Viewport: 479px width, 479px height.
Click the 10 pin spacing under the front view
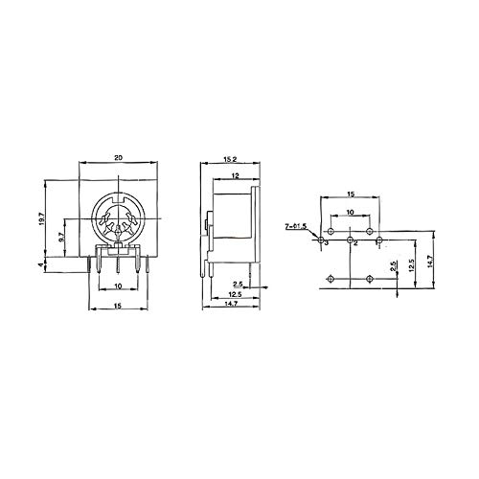pyautogui.click(x=116, y=286)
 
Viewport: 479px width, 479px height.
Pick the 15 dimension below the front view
pyautogui.click(x=116, y=306)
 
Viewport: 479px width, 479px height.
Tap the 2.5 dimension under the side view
pyautogui.click(x=237, y=284)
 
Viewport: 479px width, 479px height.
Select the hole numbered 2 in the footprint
pyautogui.click(x=351, y=239)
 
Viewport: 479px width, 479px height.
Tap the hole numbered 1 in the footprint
pyautogui.click(x=380, y=239)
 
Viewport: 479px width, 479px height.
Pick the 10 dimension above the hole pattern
pyautogui.click(x=351, y=211)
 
